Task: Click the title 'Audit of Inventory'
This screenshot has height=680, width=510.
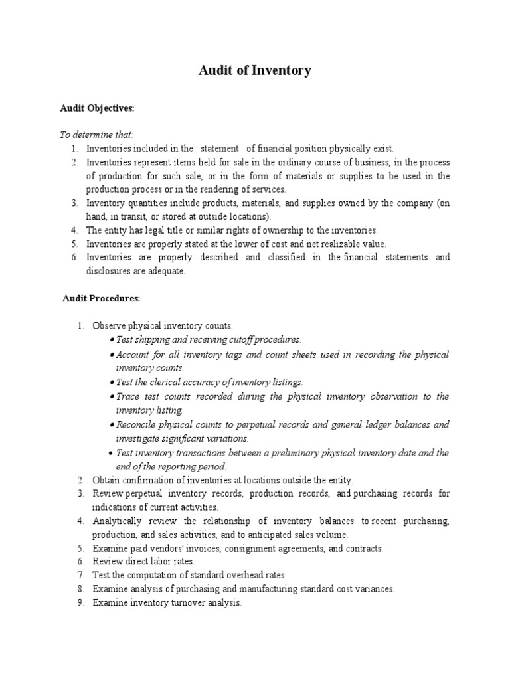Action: (x=255, y=70)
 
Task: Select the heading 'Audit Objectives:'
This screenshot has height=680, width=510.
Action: (x=97, y=107)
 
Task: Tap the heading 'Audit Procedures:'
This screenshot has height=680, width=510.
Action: (x=101, y=299)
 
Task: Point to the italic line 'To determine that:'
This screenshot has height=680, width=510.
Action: (x=97, y=135)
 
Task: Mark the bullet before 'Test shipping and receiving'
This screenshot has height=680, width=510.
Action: (x=112, y=340)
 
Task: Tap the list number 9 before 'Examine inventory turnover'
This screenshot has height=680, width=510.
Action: (x=80, y=603)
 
